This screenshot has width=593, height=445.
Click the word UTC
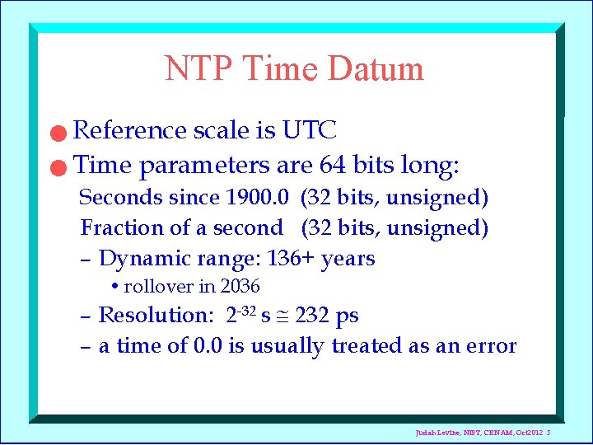[309, 130]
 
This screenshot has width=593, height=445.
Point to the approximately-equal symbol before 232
[284, 316]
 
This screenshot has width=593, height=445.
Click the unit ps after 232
[347, 316]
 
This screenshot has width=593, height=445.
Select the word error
[491, 346]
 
